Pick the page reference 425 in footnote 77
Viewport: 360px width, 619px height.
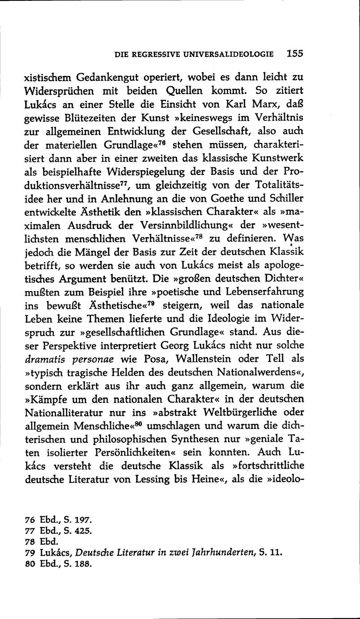click(x=83, y=531)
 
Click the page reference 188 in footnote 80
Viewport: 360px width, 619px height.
click(x=83, y=563)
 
